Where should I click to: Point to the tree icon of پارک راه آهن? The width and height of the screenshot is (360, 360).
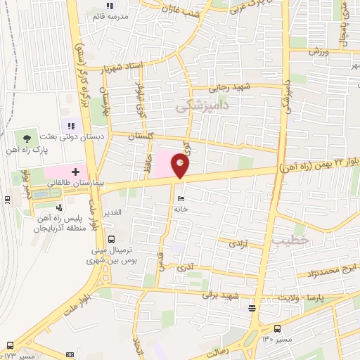27,136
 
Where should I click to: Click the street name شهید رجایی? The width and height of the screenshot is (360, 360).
229,89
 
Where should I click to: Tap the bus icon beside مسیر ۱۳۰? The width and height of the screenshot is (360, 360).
276,328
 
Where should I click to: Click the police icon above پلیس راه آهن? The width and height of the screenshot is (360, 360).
59,208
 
